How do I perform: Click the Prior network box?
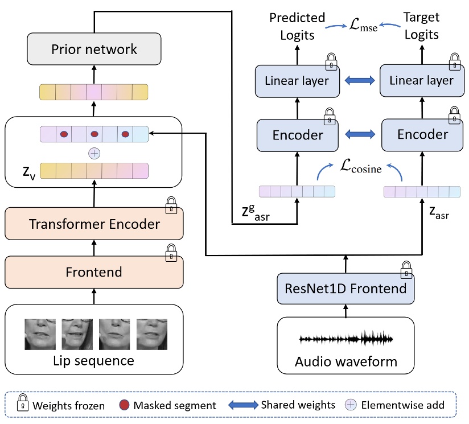pyautogui.click(x=94, y=48)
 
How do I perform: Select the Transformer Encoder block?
pyautogui.click(x=94, y=224)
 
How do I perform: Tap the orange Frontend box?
pyautogui.click(x=94, y=272)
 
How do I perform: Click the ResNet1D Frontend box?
pyautogui.click(x=345, y=289)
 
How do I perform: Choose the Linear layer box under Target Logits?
pyautogui.click(x=421, y=81)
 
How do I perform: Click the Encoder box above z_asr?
pyautogui.click(x=422, y=135)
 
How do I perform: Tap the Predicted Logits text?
pyautogui.click(x=297, y=26)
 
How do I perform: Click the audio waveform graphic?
pyautogui.click(x=346, y=339)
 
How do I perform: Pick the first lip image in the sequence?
pyautogui.click(x=40, y=334)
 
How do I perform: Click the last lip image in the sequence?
pyautogui.click(x=151, y=334)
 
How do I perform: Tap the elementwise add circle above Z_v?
pyautogui.click(x=94, y=153)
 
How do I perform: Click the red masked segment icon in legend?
pyautogui.click(x=125, y=405)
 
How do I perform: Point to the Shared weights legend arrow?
pyautogui.click(x=243, y=405)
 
